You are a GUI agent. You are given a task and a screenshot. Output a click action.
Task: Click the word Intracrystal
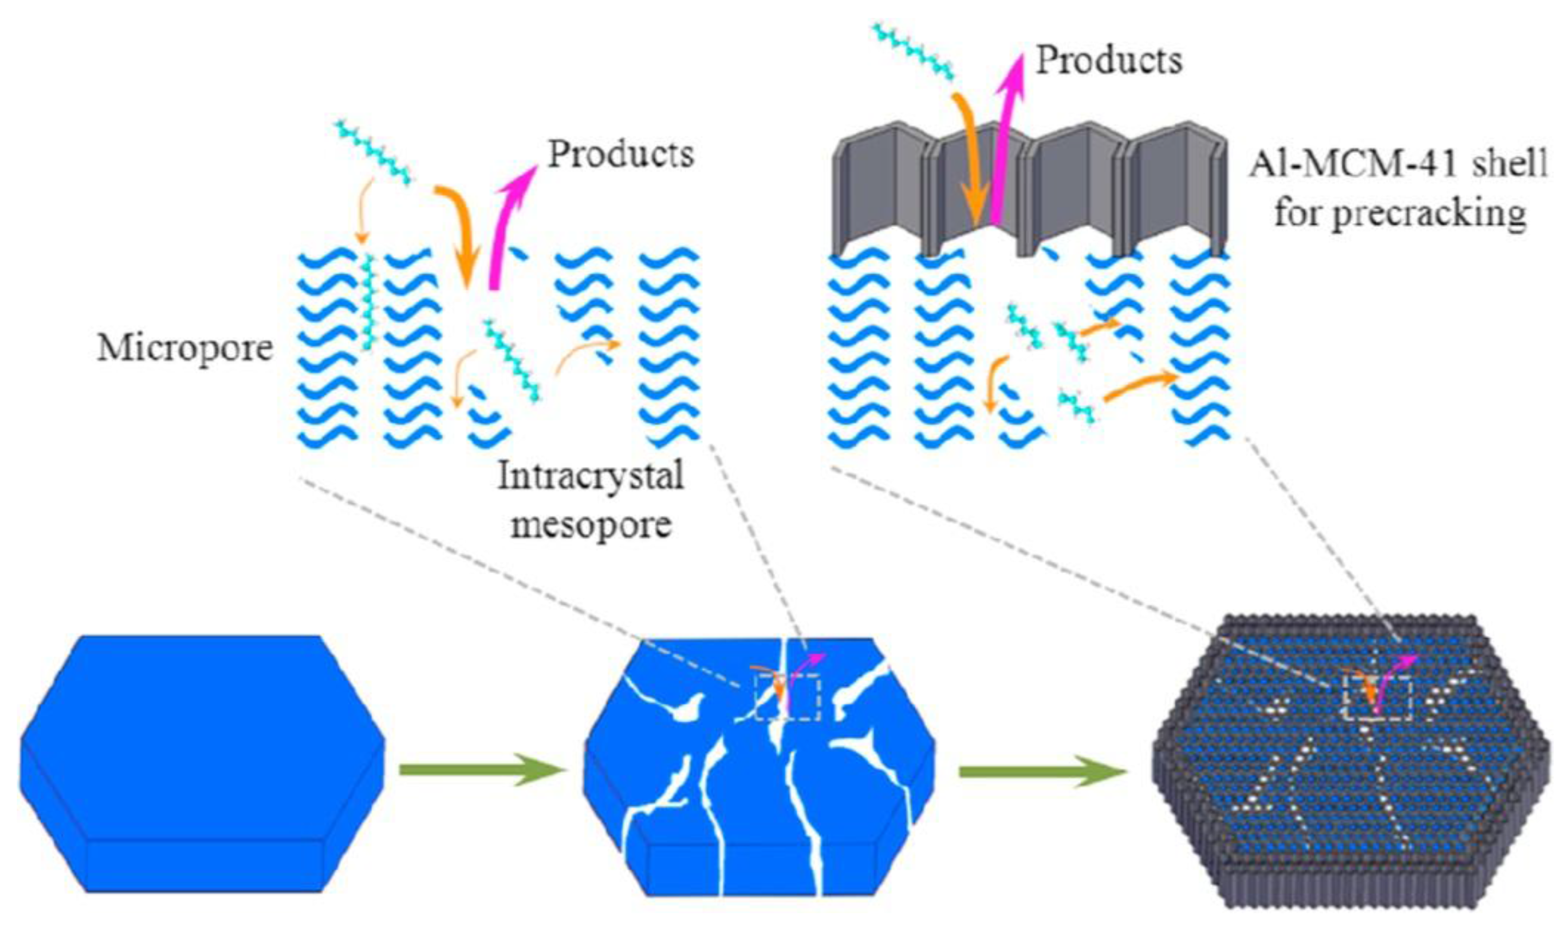point(590,476)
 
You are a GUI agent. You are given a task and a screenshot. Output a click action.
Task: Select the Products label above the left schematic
point(621,154)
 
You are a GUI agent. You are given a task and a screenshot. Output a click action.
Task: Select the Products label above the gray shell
point(1108,61)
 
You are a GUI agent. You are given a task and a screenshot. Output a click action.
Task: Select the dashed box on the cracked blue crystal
point(787,697)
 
